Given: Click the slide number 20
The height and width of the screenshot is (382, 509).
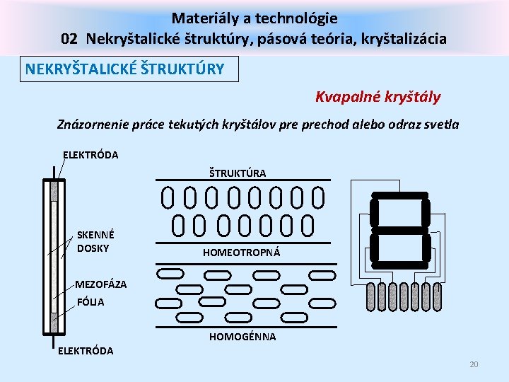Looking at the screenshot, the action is pyautogui.click(x=474, y=364).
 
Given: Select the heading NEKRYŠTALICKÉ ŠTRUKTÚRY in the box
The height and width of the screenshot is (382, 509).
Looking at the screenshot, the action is pyautogui.click(x=125, y=69).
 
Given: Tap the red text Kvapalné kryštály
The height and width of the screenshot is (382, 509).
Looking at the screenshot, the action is pyautogui.click(x=378, y=96).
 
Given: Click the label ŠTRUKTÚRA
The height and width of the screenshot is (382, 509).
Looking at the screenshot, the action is pyautogui.click(x=238, y=173).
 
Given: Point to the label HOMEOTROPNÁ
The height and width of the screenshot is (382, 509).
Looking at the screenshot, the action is pyautogui.click(x=241, y=253).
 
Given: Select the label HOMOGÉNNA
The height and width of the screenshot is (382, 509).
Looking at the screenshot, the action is pyautogui.click(x=242, y=337).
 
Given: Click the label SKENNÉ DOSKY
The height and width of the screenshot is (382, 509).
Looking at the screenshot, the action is pyautogui.click(x=95, y=241).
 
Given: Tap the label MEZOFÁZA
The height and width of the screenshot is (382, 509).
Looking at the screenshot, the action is pyautogui.click(x=102, y=284).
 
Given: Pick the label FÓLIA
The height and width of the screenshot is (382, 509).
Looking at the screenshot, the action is pyautogui.click(x=90, y=302).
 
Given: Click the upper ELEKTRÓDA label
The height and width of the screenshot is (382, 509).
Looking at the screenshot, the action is pyautogui.click(x=90, y=155).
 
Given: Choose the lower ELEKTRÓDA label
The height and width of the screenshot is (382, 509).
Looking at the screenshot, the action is pyautogui.click(x=85, y=351).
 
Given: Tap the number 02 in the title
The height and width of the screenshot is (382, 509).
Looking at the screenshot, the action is pyautogui.click(x=70, y=38).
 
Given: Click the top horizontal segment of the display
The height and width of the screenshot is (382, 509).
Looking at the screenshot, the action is pyautogui.click(x=399, y=199).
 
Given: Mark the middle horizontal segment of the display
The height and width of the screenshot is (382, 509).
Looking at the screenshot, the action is pyautogui.click(x=399, y=231).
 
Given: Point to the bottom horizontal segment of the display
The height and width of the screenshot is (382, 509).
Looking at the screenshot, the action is pyautogui.click(x=399, y=262).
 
